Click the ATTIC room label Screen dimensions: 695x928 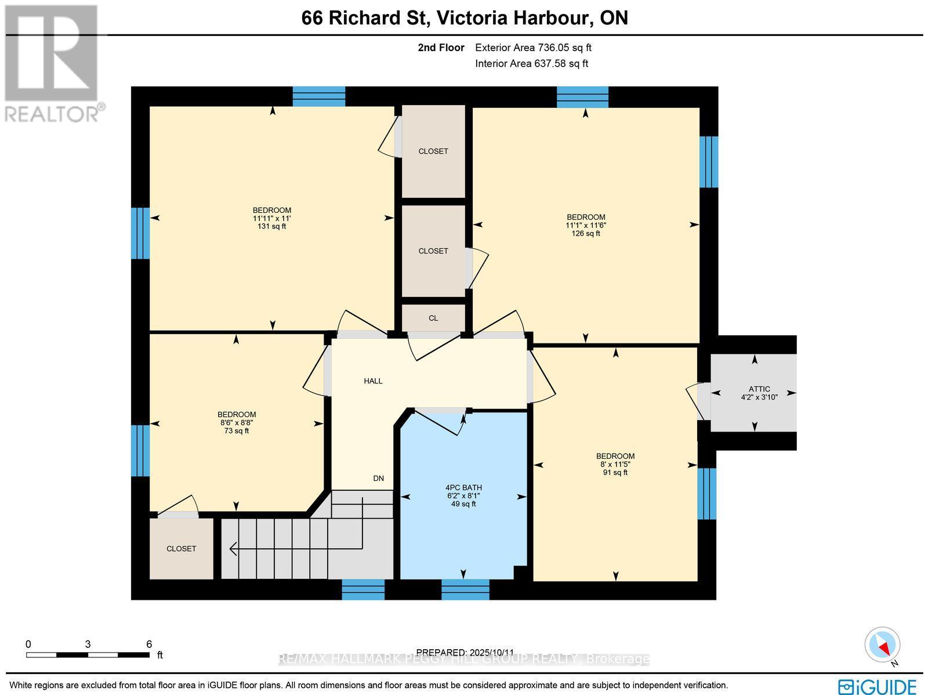759,389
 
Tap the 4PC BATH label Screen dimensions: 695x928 463,488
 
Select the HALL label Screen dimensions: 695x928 373,381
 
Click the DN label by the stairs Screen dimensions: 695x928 378,479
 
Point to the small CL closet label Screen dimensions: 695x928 433,318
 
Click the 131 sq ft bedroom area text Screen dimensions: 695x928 271,227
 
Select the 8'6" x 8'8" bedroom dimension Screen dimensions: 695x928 237,423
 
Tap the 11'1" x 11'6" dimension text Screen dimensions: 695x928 586,226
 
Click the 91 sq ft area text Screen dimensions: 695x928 615,473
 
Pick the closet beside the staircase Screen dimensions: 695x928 181,548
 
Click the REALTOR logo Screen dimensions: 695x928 52,64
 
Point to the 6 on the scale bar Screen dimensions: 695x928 149,644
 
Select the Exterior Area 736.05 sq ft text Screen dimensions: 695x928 533,48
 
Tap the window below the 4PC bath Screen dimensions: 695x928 465,589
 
